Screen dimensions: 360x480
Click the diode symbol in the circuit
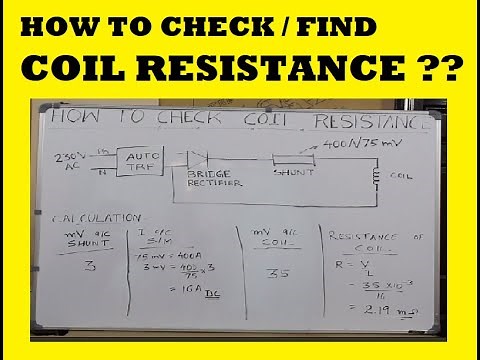196,157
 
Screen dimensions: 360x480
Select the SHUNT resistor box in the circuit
291,158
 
